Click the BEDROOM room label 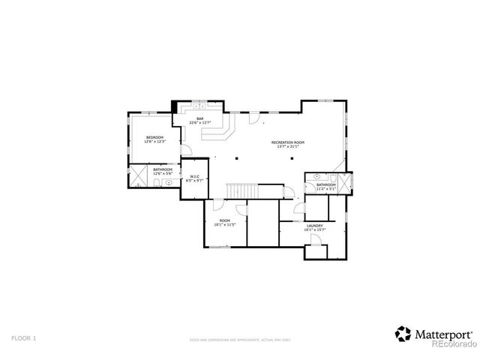(x=154, y=137)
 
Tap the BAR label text (x=200, y=118)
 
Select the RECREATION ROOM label (x=288, y=142)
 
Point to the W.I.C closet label (x=193, y=177)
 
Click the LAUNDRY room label (x=314, y=226)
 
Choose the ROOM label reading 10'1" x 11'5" (x=225, y=220)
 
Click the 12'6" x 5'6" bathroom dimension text (x=163, y=173)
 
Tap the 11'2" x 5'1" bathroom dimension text (x=325, y=188)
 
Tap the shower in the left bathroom (x=139, y=176)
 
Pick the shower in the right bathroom (x=345, y=184)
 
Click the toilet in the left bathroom (x=169, y=181)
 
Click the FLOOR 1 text (x=23, y=338)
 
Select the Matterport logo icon (x=403, y=333)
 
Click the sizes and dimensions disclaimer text (x=239, y=340)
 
